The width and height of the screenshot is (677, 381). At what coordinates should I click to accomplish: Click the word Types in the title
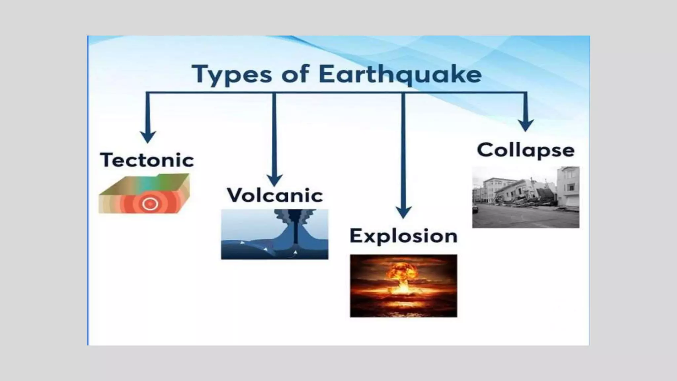tap(232, 74)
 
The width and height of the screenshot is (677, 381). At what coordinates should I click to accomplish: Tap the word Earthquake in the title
tap(400, 74)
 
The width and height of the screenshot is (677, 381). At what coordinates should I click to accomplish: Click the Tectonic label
tap(147, 160)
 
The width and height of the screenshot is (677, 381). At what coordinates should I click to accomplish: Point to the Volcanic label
tap(275, 195)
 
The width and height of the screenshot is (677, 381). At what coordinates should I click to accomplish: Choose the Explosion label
tap(404, 236)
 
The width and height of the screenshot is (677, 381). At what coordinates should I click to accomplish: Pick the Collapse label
tap(526, 150)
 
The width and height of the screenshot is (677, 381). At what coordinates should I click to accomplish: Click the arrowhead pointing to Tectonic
tap(148, 137)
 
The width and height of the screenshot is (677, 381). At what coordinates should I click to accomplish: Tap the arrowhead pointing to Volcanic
tap(274, 181)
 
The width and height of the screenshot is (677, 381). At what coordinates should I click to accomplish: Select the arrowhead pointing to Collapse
tap(526, 125)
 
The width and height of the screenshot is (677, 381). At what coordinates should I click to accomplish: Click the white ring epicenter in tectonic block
tap(150, 204)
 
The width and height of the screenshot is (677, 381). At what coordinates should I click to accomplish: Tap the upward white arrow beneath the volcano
tap(296, 253)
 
